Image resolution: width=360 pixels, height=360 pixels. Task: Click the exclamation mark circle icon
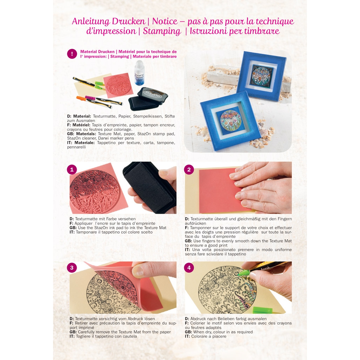click(x=72, y=54)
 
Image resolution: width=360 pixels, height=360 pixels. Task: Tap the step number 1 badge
click(x=72, y=170)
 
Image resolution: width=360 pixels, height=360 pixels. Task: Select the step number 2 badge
click(x=189, y=170)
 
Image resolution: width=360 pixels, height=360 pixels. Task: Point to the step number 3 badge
click(x=72, y=268)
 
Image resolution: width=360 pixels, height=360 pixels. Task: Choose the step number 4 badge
click(x=189, y=268)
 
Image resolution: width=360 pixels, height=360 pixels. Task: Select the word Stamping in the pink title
click(x=162, y=31)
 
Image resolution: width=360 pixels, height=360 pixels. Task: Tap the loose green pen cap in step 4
click(x=263, y=310)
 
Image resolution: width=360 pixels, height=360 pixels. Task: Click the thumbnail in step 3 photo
click(x=138, y=271)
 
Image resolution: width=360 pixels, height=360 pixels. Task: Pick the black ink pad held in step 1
click(x=149, y=186)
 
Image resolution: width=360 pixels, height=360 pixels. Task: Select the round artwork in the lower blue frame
click(x=230, y=120)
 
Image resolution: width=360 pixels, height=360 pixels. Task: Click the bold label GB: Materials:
click(x=82, y=134)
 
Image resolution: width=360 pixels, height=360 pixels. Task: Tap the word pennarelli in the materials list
click(x=76, y=147)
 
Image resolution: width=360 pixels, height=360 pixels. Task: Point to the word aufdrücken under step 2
click(x=195, y=223)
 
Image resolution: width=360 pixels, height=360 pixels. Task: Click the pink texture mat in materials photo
click(x=118, y=86)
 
